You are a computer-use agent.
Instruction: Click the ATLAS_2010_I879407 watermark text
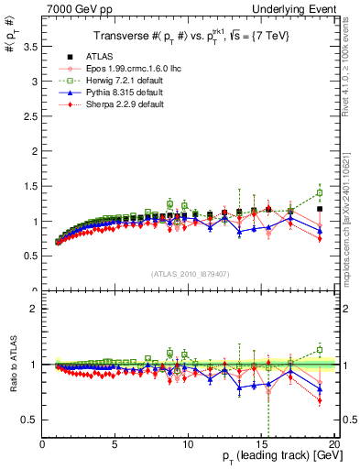(x=189, y=273)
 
